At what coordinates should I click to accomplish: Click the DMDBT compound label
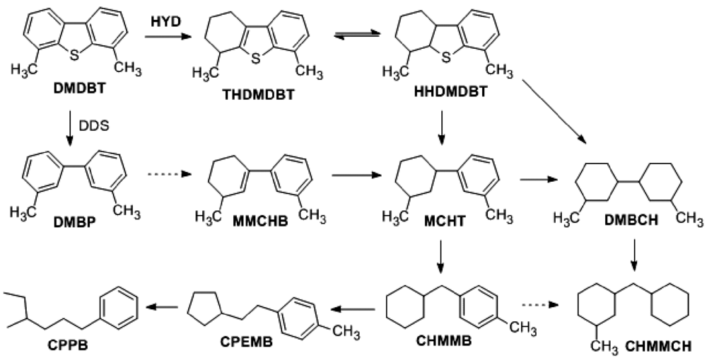pos(76,90)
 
